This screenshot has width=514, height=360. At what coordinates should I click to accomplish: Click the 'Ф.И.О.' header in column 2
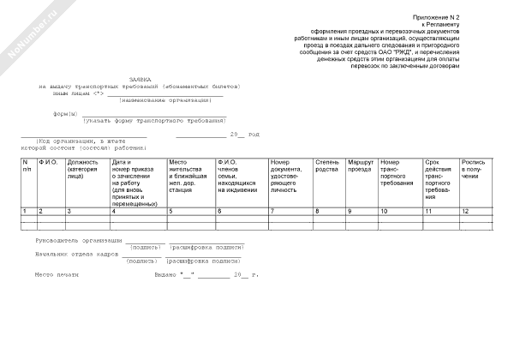[x=49, y=162]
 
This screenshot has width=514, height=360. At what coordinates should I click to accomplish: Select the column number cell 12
[x=466, y=211]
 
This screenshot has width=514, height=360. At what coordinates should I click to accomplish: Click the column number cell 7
[x=273, y=211]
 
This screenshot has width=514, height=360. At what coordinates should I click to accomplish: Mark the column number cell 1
[x=25, y=211]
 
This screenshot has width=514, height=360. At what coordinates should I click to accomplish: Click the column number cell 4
[x=114, y=211]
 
